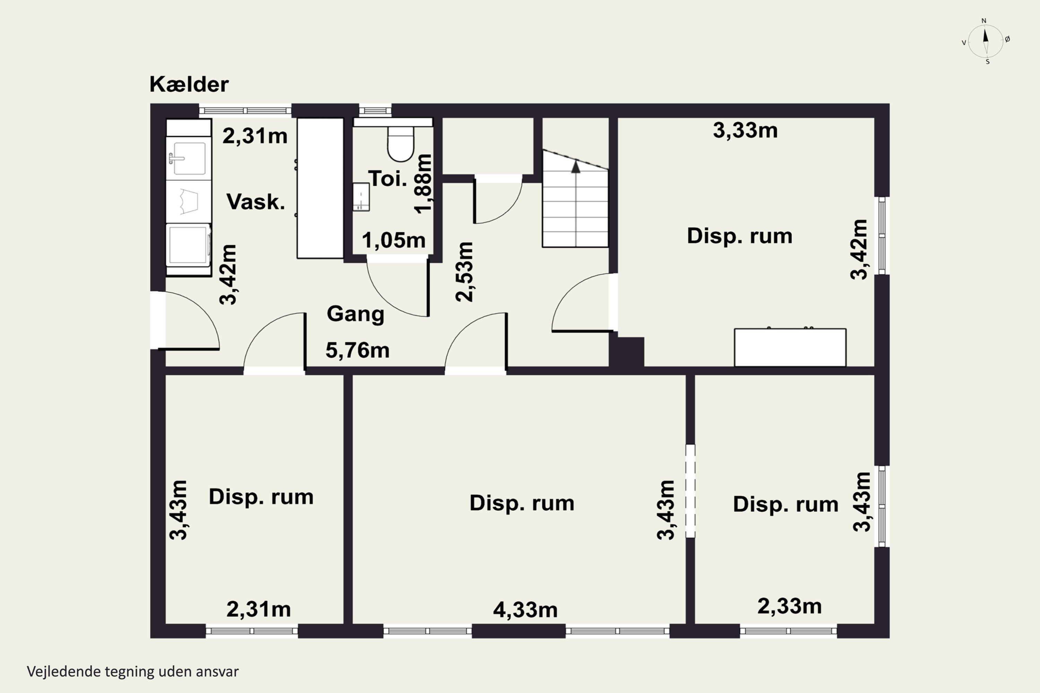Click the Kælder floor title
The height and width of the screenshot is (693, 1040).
[189, 84]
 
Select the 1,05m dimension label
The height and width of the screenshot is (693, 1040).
[393, 240]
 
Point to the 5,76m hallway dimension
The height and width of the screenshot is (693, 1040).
[357, 350]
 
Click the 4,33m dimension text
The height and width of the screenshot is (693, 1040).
[525, 610]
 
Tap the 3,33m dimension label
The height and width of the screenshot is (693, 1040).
[745, 130]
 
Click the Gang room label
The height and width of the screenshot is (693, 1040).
[356, 314]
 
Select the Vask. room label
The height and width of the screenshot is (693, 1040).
[255, 202]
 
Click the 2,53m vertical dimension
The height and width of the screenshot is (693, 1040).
[464, 272]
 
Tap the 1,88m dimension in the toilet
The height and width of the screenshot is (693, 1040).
[422, 184]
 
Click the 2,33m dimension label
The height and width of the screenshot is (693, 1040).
[789, 606]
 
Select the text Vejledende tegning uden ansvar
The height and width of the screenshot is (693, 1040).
[133, 672]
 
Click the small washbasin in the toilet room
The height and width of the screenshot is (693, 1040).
[361, 197]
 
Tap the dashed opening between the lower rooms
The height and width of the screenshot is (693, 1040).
[690, 491]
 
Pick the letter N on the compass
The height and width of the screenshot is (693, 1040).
[984, 21]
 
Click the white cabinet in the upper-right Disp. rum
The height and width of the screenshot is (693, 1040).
[790, 348]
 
